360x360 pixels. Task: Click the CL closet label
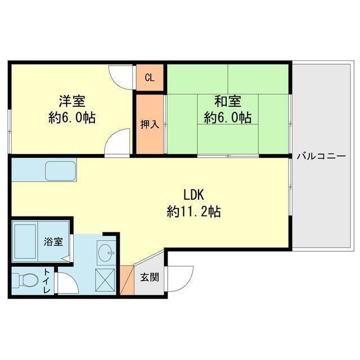(x=150, y=78)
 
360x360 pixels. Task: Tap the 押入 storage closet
(x=150, y=124)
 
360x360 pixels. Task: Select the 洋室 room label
(x=72, y=102)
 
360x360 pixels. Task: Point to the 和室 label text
(x=227, y=102)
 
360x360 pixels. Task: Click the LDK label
(x=193, y=195)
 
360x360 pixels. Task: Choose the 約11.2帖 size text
(x=193, y=212)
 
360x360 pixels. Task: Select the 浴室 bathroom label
(x=54, y=241)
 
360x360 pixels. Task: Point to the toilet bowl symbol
(x=25, y=280)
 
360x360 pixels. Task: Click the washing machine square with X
(x=105, y=279)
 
